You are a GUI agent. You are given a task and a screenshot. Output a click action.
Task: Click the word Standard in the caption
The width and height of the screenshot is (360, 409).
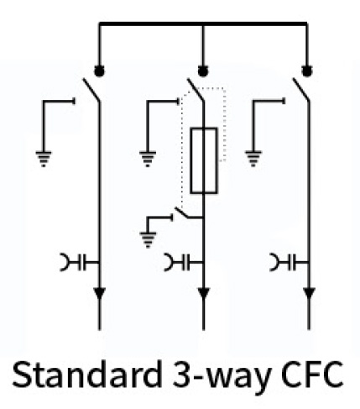(87, 375)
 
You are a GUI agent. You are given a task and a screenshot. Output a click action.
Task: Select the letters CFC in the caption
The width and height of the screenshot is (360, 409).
(312, 375)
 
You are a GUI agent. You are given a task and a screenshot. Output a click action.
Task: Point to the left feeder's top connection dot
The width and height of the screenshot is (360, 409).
(99, 71)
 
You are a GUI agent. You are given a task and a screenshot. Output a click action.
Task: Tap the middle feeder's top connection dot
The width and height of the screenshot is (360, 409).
(203, 71)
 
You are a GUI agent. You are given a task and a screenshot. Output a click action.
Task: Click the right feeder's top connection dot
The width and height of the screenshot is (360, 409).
(307, 71)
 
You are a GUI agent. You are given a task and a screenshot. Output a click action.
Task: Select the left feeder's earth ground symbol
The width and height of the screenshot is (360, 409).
(44, 159)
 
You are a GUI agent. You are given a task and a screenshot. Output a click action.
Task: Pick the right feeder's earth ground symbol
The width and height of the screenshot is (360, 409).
(253, 159)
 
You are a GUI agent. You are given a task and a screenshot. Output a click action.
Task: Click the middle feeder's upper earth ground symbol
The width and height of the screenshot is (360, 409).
(148, 159)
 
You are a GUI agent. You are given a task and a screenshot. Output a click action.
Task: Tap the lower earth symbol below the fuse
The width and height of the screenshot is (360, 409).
(148, 240)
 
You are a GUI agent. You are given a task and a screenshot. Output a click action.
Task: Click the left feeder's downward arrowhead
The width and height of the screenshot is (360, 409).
(99, 293)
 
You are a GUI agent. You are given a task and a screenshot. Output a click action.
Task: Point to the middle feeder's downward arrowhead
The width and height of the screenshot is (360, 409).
(203, 293)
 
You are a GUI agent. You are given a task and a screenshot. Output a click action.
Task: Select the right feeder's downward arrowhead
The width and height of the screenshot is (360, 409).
(309, 293)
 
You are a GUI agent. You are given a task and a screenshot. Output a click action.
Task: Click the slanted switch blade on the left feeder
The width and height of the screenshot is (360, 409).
(91, 90)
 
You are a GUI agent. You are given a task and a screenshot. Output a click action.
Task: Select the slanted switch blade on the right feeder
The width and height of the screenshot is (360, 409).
(301, 90)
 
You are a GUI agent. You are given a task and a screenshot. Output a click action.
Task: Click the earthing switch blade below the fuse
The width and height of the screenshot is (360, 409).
(182, 212)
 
